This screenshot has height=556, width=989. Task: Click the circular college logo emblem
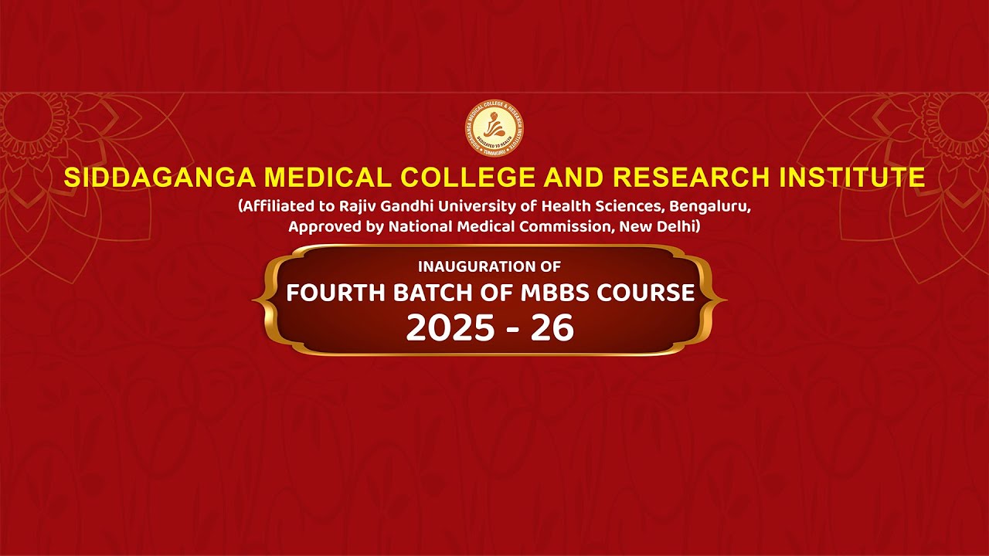click(x=494, y=130)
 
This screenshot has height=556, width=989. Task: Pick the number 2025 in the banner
click(x=450, y=328)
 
